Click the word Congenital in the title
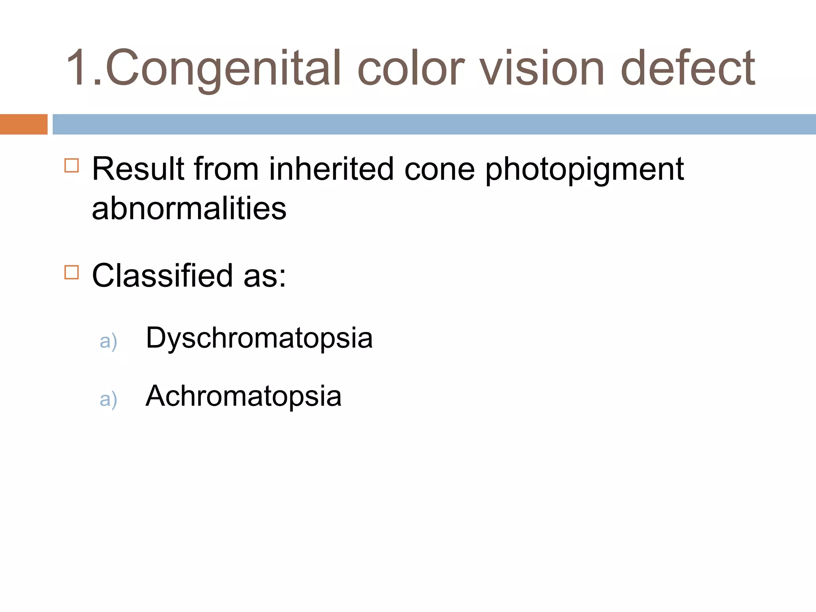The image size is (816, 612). pyautogui.click(x=223, y=68)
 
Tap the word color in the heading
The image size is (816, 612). pyautogui.click(x=410, y=68)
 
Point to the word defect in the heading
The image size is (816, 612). pyautogui.click(x=687, y=68)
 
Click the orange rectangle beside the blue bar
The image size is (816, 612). pyautogui.click(x=24, y=124)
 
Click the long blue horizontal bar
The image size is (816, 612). pyautogui.click(x=434, y=124)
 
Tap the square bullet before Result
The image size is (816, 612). pyautogui.click(x=72, y=165)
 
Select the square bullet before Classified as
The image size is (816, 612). pyautogui.click(x=72, y=273)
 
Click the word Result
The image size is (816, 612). pyautogui.click(x=138, y=169)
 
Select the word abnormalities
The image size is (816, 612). pyautogui.click(x=189, y=208)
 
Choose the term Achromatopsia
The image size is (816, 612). pyautogui.click(x=243, y=396)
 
